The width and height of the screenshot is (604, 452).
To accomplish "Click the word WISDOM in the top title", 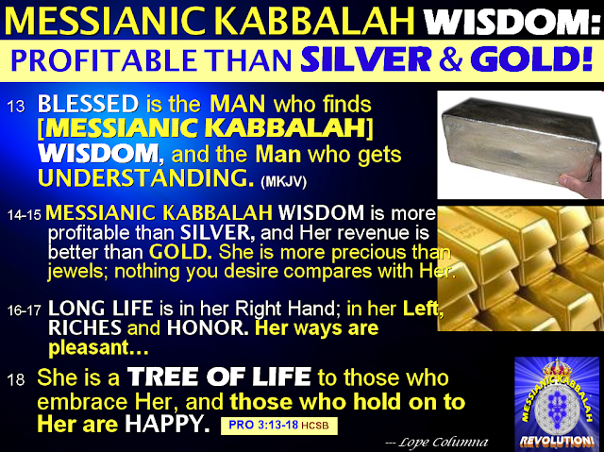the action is (x=512, y=20).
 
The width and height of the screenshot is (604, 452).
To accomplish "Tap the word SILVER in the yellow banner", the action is (x=365, y=59).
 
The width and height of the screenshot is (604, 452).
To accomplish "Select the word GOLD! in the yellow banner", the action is (x=531, y=59).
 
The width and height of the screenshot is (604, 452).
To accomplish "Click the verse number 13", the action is (x=16, y=107).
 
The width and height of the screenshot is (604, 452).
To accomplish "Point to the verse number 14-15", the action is (x=24, y=215).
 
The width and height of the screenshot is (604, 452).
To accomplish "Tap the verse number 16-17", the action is (x=24, y=310).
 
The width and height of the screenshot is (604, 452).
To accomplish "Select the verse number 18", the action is (x=16, y=380).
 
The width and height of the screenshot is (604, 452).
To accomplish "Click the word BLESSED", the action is (x=88, y=104).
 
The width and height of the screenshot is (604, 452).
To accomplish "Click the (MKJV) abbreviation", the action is (x=283, y=181).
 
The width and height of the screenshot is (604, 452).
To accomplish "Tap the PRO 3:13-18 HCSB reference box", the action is (x=279, y=426).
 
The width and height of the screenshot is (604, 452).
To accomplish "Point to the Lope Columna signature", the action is (x=436, y=442).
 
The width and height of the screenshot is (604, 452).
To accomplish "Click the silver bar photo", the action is (x=519, y=144).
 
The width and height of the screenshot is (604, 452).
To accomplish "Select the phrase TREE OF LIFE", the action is (x=219, y=377).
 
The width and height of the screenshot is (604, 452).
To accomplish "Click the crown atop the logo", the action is (x=557, y=368).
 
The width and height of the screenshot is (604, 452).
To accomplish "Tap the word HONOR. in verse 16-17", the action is (x=208, y=327).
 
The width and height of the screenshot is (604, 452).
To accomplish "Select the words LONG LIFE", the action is (x=101, y=308).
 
